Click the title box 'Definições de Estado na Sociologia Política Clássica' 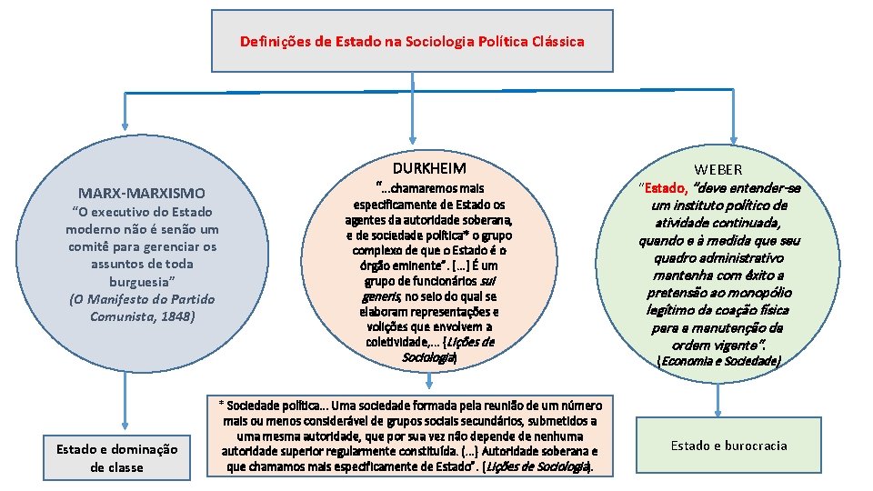coord(412,41)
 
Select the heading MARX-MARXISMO coord(142,193)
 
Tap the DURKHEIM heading coord(429,168)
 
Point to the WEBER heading coord(718,169)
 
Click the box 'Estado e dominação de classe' coord(116,457)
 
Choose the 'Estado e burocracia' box coord(729,446)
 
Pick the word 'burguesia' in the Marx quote coord(141,281)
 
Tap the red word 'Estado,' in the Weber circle coord(666,188)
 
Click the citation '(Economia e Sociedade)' coord(718,361)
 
